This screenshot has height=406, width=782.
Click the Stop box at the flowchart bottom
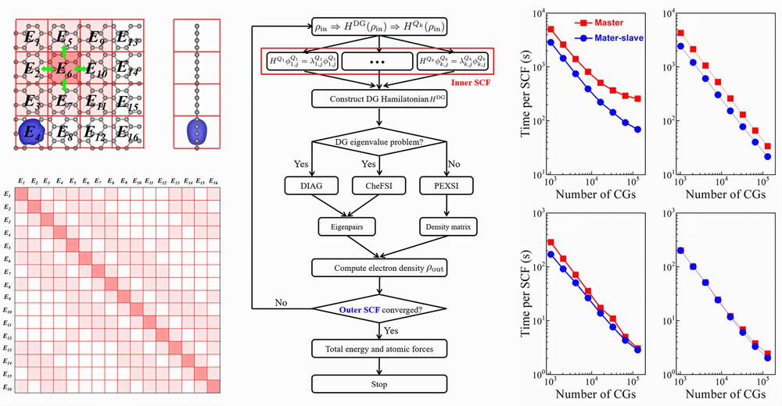coord(379,384)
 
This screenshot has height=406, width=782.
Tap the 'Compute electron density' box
coord(379,268)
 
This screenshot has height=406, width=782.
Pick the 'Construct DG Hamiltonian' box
coord(379,98)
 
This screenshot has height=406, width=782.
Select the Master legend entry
coord(600,23)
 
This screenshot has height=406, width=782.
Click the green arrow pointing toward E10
coord(81,69)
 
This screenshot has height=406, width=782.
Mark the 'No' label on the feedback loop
coord(283,302)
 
